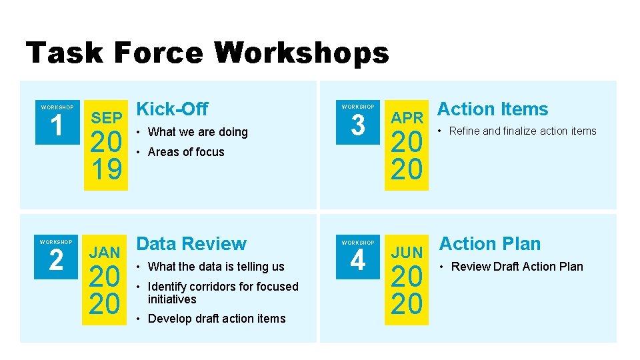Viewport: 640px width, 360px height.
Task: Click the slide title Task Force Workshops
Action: pos(207,53)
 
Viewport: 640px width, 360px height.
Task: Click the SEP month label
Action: pos(107,118)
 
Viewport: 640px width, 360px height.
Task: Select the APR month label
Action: pos(407,118)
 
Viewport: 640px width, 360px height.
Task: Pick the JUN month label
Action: pos(407,253)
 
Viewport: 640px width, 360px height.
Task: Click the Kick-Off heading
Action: pos(172,109)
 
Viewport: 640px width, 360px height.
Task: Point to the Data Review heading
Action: pos(191,243)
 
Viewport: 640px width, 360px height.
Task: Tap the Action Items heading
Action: pos(492,109)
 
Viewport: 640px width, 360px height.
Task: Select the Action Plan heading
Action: pos(489,243)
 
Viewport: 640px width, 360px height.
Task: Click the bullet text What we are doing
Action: pos(197,132)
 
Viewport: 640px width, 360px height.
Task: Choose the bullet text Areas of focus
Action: pos(186,152)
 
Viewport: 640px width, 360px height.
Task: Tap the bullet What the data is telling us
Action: pos(216,267)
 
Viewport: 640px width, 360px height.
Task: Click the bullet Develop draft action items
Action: pos(217,319)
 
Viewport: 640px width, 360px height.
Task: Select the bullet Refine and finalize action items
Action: pos(523,131)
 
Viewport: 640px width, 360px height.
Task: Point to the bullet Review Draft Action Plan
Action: pos(517,267)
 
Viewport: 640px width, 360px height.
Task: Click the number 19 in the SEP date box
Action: pos(107,171)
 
